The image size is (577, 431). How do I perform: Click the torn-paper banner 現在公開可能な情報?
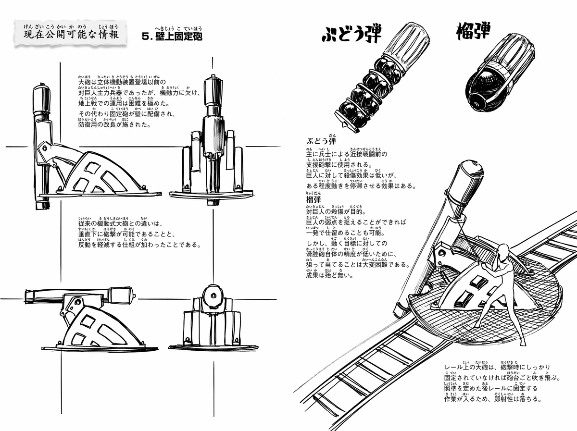[71, 36]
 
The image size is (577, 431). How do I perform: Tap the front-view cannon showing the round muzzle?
[212, 320]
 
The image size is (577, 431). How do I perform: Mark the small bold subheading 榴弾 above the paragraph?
[314, 199]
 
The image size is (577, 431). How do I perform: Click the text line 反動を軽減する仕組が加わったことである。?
[139, 244]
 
